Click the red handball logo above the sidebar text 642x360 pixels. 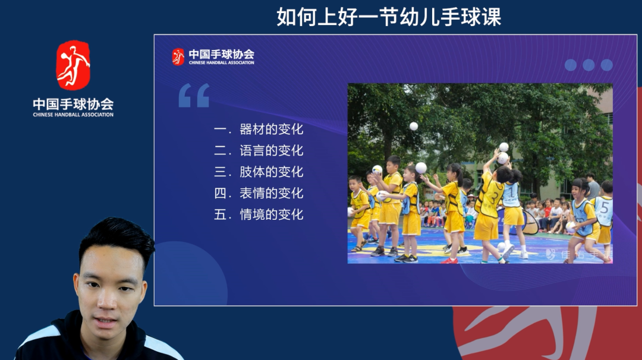pos(73,65)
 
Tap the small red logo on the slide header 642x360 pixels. pos(178,56)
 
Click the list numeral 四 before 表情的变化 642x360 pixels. pos(221,194)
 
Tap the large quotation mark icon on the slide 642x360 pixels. pos(194,96)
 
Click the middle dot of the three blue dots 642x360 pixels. pos(588,65)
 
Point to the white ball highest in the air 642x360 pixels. pos(414,126)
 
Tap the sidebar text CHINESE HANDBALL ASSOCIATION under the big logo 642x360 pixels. pos(73,115)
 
